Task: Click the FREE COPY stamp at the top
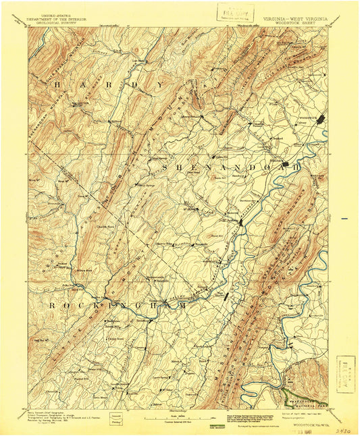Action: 232,12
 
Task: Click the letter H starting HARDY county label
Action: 57,86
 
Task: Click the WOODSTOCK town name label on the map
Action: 308,115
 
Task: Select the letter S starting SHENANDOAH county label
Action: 164,164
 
